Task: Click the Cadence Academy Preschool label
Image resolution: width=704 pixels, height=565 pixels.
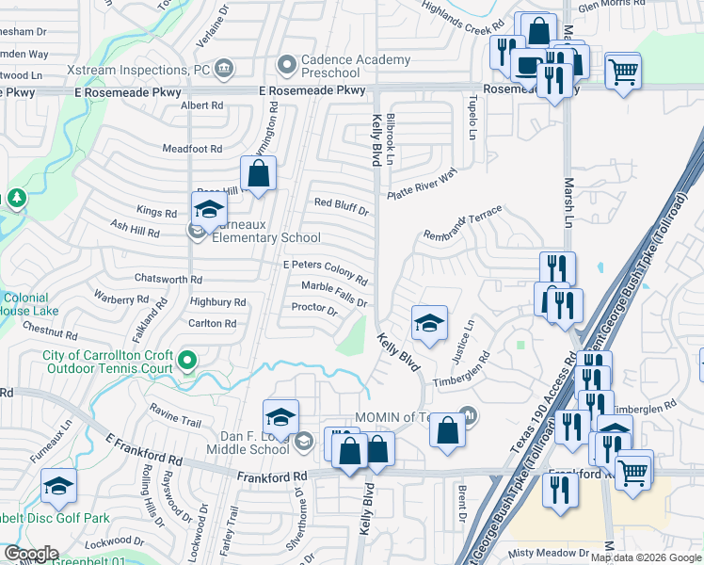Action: click(x=356, y=66)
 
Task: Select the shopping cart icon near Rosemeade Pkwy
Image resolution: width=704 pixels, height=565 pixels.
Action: click(x=623, y=71)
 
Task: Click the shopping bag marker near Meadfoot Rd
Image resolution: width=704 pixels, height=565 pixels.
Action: click(x=258, y=173)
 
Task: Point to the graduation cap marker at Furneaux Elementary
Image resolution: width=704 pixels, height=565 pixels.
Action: click(x=209, y=210)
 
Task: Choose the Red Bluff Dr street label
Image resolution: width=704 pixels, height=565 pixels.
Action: click(x=341, y=203)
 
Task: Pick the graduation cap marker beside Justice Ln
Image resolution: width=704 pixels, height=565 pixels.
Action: click(x=428, y=324)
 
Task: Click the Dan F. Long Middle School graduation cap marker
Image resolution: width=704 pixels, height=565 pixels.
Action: click(x=280, y=417)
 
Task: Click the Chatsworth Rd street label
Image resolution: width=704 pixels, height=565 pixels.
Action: click(x=168, y=280)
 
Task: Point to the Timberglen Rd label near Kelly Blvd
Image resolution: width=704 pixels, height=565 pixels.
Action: click(x=462, y=370)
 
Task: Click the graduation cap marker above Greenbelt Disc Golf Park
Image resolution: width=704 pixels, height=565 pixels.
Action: click(x=58, y=486)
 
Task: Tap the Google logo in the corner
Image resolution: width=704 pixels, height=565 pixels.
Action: click(x=31, y=554)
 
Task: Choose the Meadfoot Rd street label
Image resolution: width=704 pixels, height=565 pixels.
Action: click(x=192, y=149)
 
